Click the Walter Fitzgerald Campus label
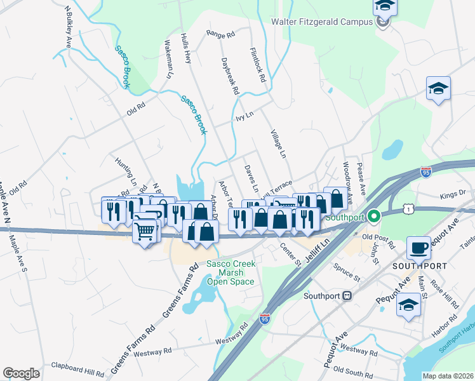click(x=321, y=22)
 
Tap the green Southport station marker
click(x=374, y=217)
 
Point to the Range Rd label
click(x=221, y=34)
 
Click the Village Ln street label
click(x=278, y=144)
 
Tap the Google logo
click(x=21, y=373)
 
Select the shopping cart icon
click(x=145, y=231)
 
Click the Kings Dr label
click(x=452, y=192)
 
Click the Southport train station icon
click(x=347, y=295)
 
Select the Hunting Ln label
click(x=126, y=170)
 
